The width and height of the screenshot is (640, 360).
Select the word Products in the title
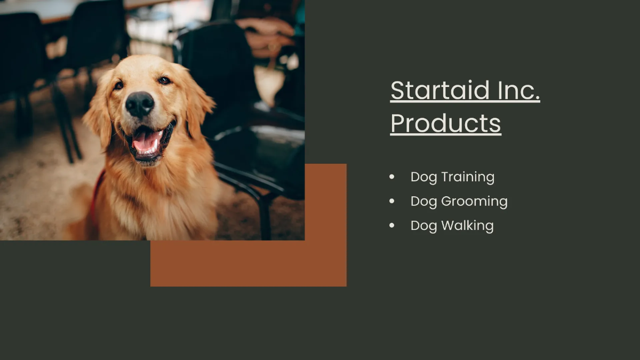click(445, 123)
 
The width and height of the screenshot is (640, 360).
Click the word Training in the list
click(468, 178)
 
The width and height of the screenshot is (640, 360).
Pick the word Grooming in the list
click(474, 202)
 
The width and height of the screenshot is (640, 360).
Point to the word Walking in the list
click(467, 226)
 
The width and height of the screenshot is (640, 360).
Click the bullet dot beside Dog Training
click(393, 177)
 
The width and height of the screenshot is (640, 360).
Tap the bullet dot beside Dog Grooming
click(393, 201)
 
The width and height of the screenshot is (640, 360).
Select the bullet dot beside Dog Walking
click(393, 226)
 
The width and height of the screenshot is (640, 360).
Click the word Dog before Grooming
click(423, 202)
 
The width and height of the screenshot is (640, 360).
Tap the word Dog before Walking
click(423, 226)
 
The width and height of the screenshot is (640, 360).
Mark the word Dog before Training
click(423, 178)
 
